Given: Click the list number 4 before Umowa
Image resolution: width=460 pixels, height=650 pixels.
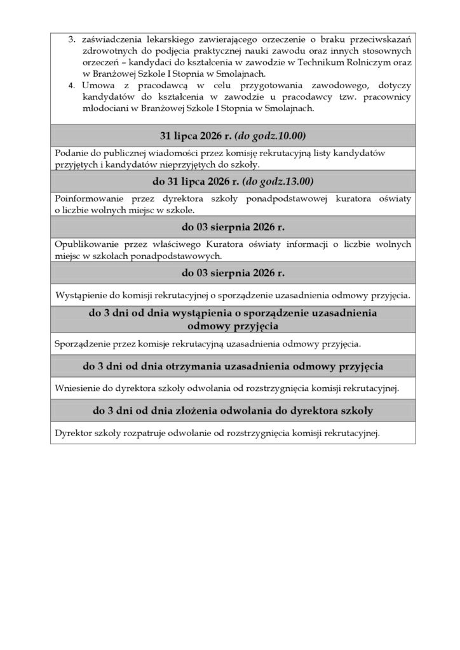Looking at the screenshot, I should pyautogui.click(x=71, y=85).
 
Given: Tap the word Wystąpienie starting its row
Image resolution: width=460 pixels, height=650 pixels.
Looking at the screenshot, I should pyautogui.click(x=81, y=295).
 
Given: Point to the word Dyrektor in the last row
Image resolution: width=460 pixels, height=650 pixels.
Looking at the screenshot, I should pyautogui.click(x=74, y=434).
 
